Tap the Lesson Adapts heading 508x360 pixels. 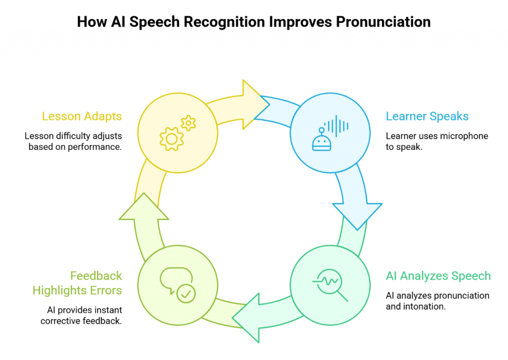(x=82, y=117)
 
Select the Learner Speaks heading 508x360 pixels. (x=427, y=117)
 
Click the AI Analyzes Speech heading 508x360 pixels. (x=438, y=276)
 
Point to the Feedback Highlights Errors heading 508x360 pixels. (x=77, y=283)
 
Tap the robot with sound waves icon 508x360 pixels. (x=329, y=133)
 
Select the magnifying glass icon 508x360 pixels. (x=330, y=286)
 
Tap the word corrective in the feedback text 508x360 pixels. (x=63, y=321)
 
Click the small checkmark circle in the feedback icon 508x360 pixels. (x=187, y=294)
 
